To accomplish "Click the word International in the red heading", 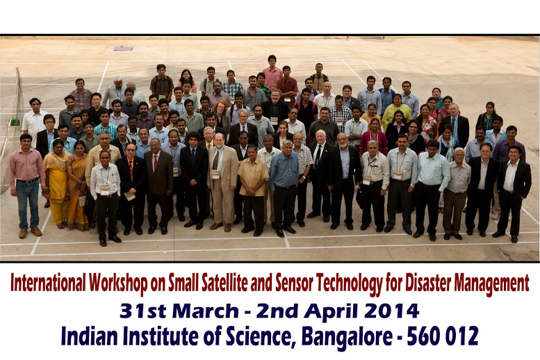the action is pyautogui.click(x=48, y=283).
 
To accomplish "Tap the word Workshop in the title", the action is pyautogui.click(x=118, y=284).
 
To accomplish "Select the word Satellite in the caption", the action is pyautogui.click(x=224, y=283).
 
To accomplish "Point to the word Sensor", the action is pyautogui.click(x=295, y=283).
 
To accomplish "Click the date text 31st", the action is pyautogui.click(x=143, y=311).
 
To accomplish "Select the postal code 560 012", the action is pyautogui.click(x=443, y=336).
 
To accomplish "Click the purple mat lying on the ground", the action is pyautogui.click(x=123, y=49).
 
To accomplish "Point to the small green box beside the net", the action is pyautogui.click(x=15, y=122).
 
